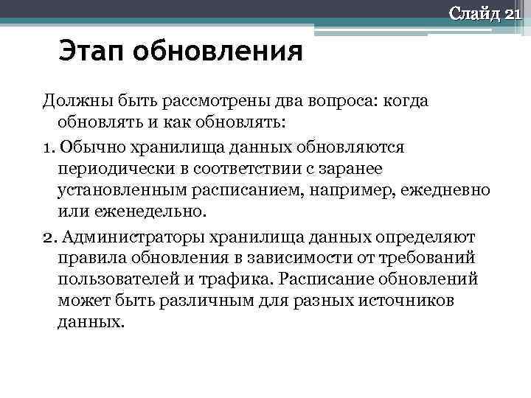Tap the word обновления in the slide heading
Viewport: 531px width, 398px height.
click(221, 52)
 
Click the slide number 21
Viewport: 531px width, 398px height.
click(512, 13)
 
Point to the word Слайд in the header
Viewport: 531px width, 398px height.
click(475, 13)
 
